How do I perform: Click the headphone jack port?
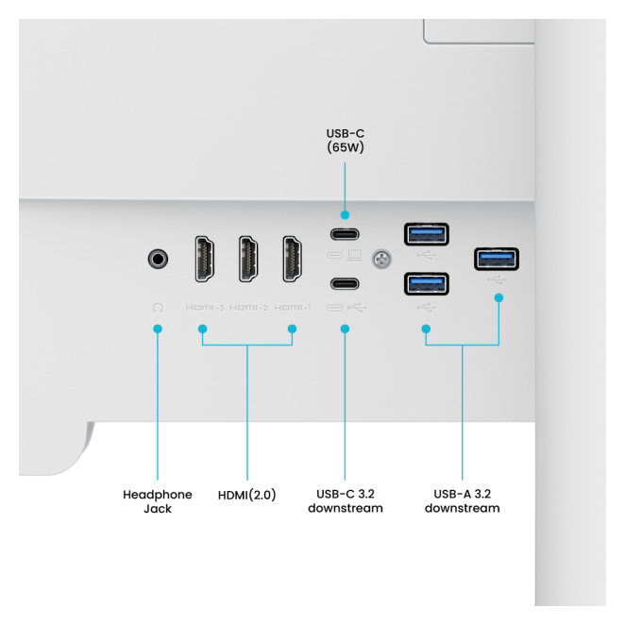(159, 258)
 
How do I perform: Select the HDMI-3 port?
(203, 258)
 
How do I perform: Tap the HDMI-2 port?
(248, 258)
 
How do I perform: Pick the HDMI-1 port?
(293, 258)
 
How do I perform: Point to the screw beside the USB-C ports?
(382, 257)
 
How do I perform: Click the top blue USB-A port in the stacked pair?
(427, 232)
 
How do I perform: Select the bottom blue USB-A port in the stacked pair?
(427, 283)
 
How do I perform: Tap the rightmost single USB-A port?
(497, 257)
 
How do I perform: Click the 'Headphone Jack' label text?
(157, 501)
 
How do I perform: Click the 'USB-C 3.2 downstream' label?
(346, 501)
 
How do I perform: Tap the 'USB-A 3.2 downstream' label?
(462, 501)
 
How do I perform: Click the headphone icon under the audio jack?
(158, 307)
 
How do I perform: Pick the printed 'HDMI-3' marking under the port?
(204, 307)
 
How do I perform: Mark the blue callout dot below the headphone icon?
(158, 329)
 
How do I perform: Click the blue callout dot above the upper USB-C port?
(345, 215)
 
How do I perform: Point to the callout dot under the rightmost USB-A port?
(498, 297)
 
